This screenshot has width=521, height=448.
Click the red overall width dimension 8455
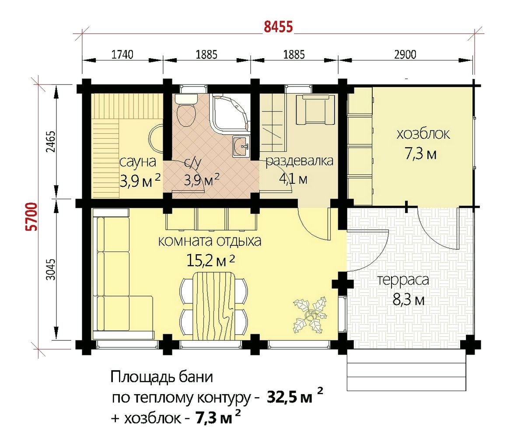point(279,27)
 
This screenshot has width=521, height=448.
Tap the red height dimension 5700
point(32,217)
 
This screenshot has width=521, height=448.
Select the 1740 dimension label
point(122,54)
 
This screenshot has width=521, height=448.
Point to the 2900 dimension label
point(405,54)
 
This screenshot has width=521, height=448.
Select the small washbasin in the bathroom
point(241,146)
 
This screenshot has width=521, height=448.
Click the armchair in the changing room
point(315,110)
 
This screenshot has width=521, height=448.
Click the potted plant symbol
point(310,315)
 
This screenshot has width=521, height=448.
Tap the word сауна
point(137,162)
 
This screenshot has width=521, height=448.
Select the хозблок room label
point(423,134)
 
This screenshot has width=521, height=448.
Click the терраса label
point(403,280)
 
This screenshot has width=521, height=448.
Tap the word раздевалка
point(299,161)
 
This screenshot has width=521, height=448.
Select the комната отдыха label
point(210,241)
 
